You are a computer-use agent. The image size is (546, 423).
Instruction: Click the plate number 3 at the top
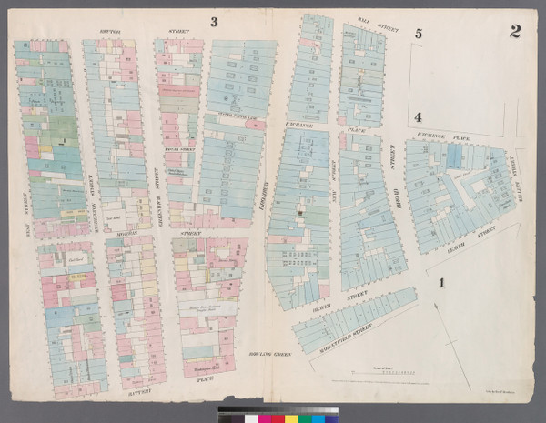click(x=215, y=21)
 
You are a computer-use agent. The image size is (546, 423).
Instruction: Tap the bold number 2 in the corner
click(x=515, y=32)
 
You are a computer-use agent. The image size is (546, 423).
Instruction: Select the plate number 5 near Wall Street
click(x=418, y=35)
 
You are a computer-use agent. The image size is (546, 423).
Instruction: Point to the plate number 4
click(x=418, y=116)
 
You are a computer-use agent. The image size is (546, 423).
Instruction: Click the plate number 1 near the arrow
click(x=442, y=283)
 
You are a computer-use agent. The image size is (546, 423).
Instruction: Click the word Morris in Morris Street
click(x=120, y=233)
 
